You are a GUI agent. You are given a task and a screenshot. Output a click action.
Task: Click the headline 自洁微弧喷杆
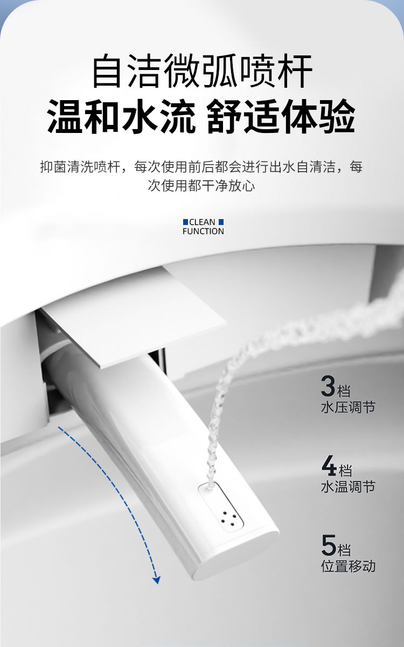pyautogui.click(x=202, y=72)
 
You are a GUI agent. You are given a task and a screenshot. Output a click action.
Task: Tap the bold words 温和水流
pyautogui.click(x=121, y=116)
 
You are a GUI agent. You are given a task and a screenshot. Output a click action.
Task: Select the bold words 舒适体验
pyautogui.click(x=281, y=116)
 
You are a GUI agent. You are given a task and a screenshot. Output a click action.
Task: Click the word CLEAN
pyautogui.click(x=203, y=222)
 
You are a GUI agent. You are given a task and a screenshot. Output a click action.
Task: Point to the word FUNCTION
pyautogui.click(x=203, y=231)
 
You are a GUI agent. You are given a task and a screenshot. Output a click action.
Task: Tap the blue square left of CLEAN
pyautogui.click(x=185, y=222)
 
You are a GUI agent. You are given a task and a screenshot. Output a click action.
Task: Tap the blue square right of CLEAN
pyautogui.click(x=221, y=222)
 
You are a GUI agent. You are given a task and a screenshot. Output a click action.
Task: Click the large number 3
pyautogui.click(x=328, y=386)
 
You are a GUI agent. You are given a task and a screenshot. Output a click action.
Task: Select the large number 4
pyautogui.click(x=329, y=466)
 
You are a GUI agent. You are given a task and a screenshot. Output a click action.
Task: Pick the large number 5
pyautogui.click(x=329, y=545)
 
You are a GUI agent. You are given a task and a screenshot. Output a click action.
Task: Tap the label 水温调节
pyautogui.click(x=347, y=487)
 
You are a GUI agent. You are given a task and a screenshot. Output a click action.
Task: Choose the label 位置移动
pyautogui.click(x=348, y=566)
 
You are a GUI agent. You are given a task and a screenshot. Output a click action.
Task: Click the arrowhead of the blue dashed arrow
pyautogui.click(x=156, y=580)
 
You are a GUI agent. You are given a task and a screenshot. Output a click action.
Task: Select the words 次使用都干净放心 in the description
pyautogui.click(x=201, y=186)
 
